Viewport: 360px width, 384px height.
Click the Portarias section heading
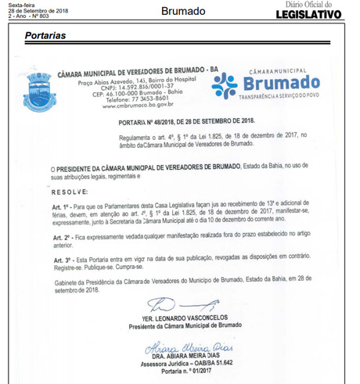point(45,37)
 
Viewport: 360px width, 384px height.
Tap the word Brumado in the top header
point(182,11)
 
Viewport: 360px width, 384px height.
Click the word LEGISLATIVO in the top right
point(310,14)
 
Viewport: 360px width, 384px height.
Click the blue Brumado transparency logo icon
point(225,84)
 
